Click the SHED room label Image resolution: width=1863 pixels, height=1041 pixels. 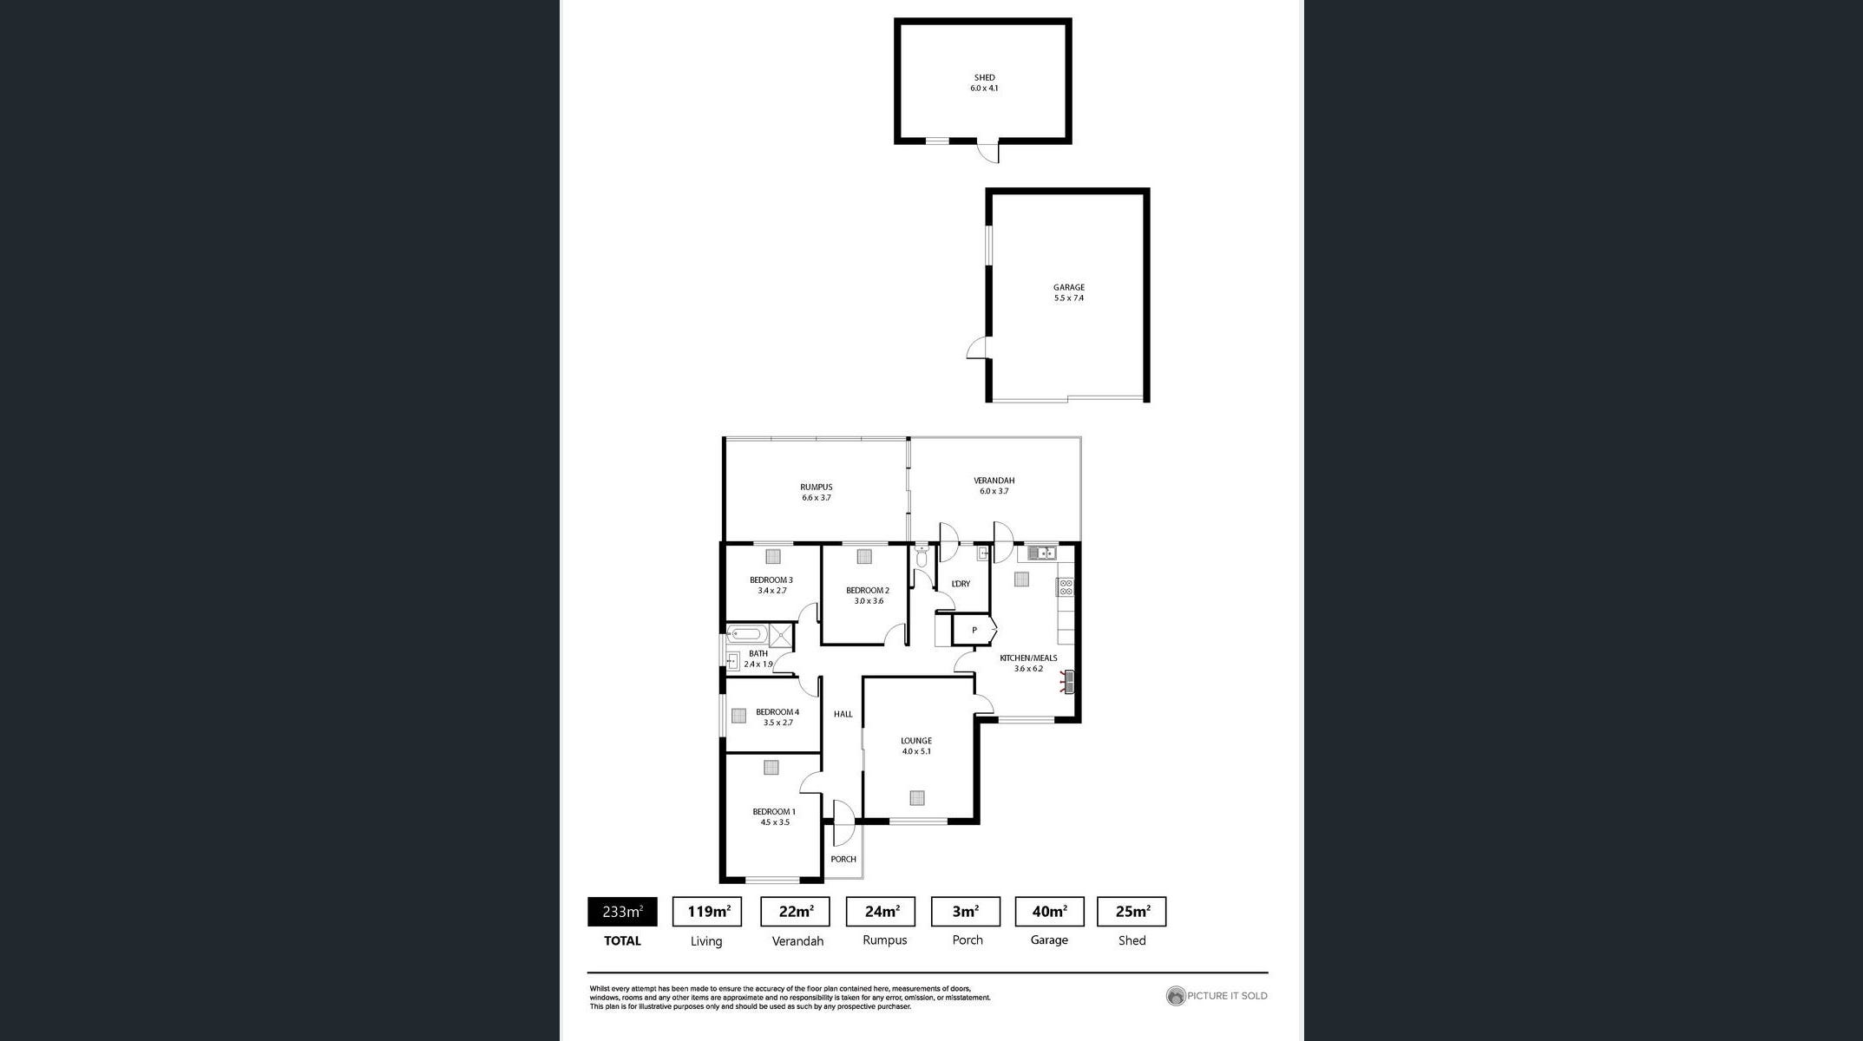(x=984, y=77)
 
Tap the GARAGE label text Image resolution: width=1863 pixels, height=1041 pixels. (x=1069, y=287)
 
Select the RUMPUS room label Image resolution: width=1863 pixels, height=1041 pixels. (x=816, y=487)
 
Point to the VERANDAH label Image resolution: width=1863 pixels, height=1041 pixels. (x=994, y=480)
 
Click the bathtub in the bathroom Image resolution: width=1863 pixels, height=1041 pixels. (x=747, y=633)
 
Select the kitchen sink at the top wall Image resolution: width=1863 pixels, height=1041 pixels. (x=1042, y=553)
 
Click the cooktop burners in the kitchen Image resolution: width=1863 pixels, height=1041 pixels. (x=1066, y=586)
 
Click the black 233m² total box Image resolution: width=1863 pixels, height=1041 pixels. (x=622, y=912)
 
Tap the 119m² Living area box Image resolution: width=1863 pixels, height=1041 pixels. (x=707, y=912)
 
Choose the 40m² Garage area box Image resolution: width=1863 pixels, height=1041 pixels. (x=1049, y=912)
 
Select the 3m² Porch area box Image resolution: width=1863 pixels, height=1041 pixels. (x=966, y=912)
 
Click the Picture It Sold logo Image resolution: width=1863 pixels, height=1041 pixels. (x=1217, y=996)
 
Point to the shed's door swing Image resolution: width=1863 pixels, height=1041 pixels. (x=988, y=153)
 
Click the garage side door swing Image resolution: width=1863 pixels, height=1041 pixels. (x=978, y=348)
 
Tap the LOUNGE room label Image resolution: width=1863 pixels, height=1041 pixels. (x=916, y=741)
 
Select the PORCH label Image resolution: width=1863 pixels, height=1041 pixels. (x=843, y=859)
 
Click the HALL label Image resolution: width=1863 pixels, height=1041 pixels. (x=843, y=714)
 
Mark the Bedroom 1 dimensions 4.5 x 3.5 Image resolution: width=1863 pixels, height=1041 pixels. (x=775, y=822)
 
